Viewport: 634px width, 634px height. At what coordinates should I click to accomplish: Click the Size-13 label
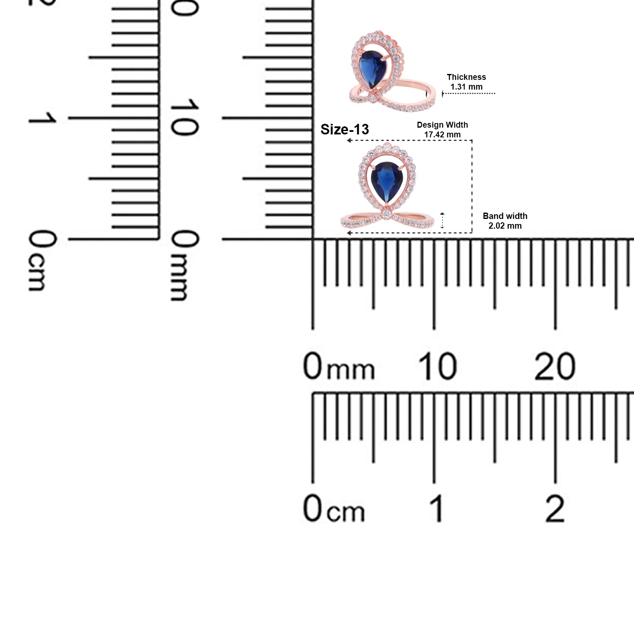point(344,129)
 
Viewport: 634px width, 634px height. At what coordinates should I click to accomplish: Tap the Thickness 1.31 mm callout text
point(466,82)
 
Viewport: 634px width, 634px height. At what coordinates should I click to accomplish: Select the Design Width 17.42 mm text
point(442,130)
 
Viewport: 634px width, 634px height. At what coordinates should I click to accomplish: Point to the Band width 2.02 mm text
point(505,221)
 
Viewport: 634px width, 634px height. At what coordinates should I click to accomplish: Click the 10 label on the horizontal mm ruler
point(437,366)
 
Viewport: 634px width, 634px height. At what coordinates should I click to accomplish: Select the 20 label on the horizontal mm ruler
point(555,366)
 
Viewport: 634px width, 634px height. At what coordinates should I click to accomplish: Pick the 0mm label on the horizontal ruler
point(339,366)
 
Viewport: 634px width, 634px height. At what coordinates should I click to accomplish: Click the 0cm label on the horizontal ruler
point(333,508)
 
